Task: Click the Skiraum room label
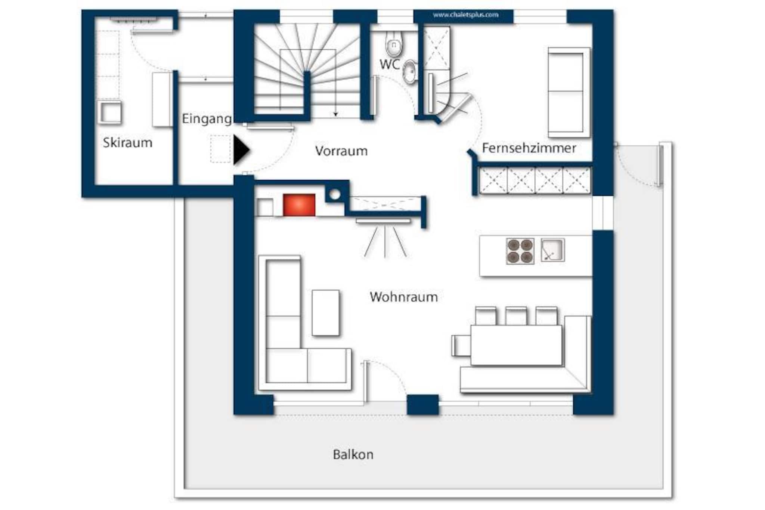point(128,142)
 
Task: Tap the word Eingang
point(207,119)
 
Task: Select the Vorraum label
point(341,151)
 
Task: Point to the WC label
point(389,64)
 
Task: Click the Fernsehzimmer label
point(529,148)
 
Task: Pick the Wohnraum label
point(404,297)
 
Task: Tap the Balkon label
point(353,454)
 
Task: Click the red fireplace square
point(299,205)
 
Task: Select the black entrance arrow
point(241,150)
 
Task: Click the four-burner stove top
point(520,251)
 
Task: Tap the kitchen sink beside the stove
point(552,250)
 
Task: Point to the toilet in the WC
point(394,44)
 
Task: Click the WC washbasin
point(410,71)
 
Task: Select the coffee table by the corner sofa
point(326,313)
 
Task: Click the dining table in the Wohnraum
point(516,345)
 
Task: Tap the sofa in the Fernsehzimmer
point(569,92)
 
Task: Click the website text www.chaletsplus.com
point(465,15)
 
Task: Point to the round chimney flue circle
point(335,194)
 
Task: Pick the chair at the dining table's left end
point(461,346)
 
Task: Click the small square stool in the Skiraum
point(110,112)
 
